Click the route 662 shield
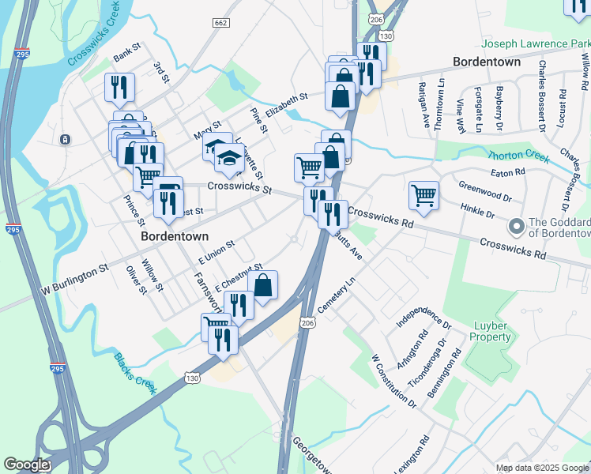[x=220, y=23]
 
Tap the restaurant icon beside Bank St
[x=119, y=87]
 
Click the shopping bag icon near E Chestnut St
[x=263, y=285]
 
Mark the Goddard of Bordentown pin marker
[x=517, y=227]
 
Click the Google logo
[x=26, y=465]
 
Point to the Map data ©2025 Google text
[x=542, y=468]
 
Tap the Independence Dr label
[x=423, y=314]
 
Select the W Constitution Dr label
[x=394, y=381]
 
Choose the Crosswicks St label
[x=239, y=190]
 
